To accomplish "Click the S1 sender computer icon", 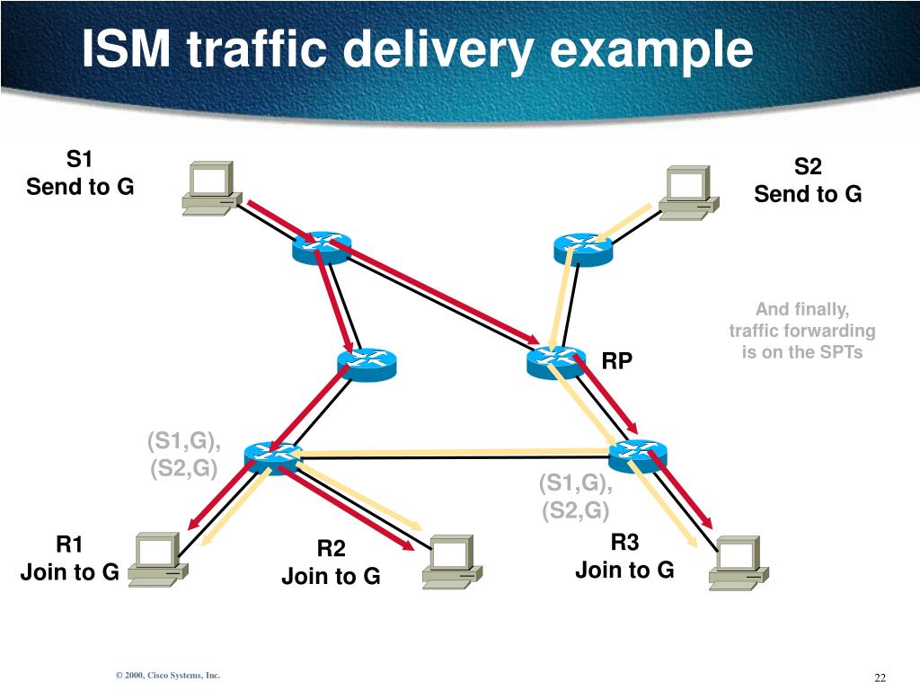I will pos(209,188).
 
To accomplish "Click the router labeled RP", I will pos(555,361).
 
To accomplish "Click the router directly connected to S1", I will pos(321,246).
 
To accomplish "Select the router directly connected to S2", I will pos(582,245).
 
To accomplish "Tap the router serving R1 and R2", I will pos(272,456).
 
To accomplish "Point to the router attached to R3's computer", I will pos(637,456).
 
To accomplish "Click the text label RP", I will pos(617,361).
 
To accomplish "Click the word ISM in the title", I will pos(127,49).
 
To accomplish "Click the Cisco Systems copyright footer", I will pos(167,676).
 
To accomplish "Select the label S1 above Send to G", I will pos(80,160).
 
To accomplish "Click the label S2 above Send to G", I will pos(808,167).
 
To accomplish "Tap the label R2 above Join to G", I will pos(331,549).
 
